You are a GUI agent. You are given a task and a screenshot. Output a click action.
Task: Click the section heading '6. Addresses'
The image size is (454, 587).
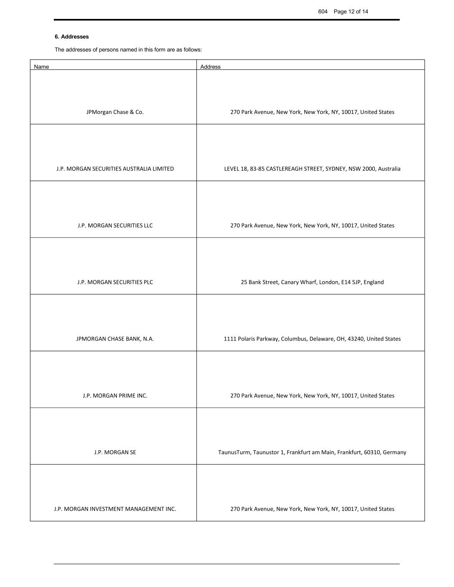click(71, 37)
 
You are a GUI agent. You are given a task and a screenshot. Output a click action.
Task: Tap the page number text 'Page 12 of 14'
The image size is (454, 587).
click(351, 12)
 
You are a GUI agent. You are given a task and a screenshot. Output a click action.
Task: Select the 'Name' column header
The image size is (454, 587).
click(41, 67)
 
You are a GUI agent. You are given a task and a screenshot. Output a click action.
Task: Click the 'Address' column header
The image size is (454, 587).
click(210, 67)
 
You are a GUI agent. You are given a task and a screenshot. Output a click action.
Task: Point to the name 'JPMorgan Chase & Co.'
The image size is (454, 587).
click(115, 112)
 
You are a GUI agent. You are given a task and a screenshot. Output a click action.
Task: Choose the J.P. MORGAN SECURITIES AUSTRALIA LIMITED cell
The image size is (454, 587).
click(115, 169)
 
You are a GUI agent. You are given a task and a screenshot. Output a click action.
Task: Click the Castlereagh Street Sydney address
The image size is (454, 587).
click(312, 169)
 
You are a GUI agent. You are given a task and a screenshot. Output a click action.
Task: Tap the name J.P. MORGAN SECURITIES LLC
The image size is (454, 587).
click(115, 226)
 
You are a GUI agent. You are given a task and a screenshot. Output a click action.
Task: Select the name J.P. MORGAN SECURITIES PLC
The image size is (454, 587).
click(115, 283)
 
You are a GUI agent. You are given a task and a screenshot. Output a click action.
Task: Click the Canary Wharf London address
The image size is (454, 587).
click(312, 283)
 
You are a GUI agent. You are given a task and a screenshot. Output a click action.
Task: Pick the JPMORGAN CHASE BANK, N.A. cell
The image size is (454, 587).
click(115, 339)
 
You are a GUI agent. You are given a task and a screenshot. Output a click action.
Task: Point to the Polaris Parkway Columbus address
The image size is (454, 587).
click(312, 339)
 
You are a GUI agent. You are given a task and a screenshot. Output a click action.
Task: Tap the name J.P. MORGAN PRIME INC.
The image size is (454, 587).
click(115, 396)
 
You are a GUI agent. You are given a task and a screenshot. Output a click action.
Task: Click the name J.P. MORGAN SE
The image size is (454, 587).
click(115, 452)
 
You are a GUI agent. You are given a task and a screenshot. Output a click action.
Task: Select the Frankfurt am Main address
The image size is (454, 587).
click(312, 452)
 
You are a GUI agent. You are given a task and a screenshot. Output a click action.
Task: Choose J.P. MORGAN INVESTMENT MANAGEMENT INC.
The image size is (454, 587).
click(115, 509)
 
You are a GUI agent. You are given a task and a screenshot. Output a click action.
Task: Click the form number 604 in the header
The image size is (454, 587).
click(323, 12)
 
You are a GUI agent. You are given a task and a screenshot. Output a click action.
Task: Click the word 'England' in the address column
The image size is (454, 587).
click(374, 283)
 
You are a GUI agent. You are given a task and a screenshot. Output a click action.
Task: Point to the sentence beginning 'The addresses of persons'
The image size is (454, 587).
click(128, 50)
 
